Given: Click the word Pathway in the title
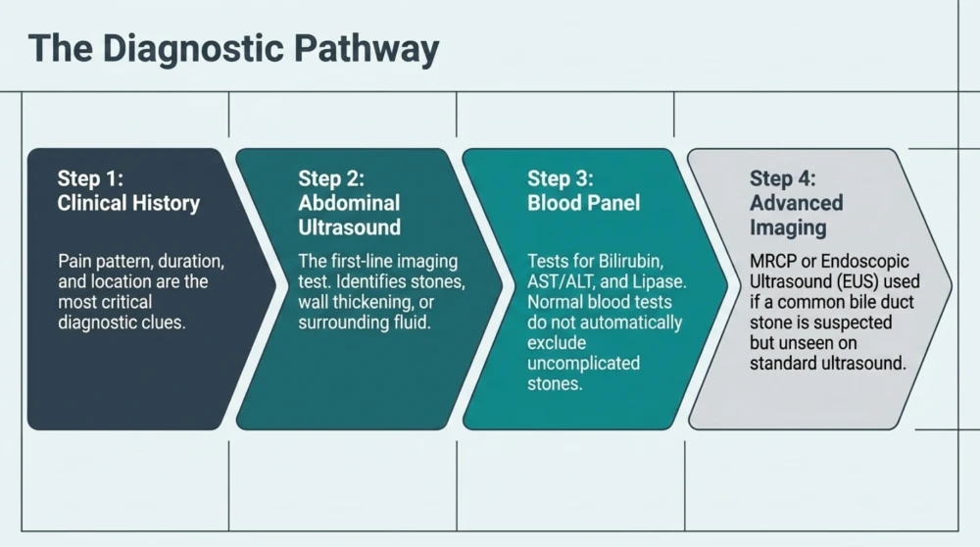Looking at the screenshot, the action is pos(367,49).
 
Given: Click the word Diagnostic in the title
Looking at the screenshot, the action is pos(193,49).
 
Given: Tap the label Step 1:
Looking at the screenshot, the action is pos(90,178).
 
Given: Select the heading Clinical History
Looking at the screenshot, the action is pos(128,203).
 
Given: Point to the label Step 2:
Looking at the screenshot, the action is pos(331,178).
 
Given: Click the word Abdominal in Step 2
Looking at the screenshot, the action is pos(349,203).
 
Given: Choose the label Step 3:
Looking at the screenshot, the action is pos(561,178).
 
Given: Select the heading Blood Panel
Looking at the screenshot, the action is pos(584,203).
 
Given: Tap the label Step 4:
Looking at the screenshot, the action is pos(783,178).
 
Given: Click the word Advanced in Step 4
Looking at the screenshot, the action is pos(796,203).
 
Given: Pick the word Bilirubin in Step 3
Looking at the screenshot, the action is pos(631,262).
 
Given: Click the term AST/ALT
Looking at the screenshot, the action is pos(561,282).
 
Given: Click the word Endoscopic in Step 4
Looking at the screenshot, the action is pos(865,262).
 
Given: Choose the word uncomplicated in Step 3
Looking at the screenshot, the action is pos(584,364).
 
